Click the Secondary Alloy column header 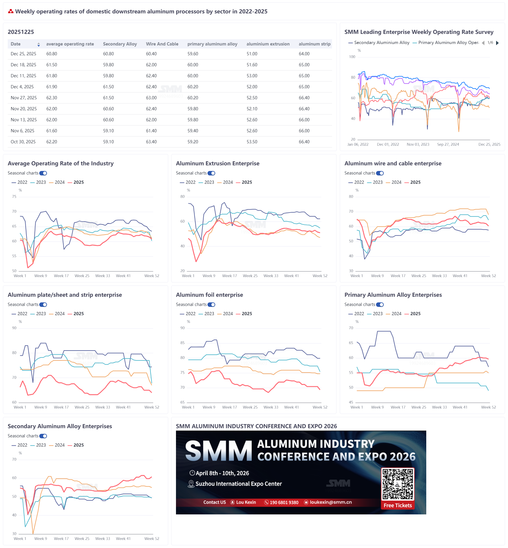[x=120, y=44]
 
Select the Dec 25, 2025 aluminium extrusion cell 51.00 [x=252, y=54]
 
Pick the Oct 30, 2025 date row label [x=23, y=142]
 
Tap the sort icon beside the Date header [x=39, y=45]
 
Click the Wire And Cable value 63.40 [x=151, y=142]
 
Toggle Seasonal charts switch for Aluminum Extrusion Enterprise [x=211, y=173]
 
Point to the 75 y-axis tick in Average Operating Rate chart [x=14, y=197]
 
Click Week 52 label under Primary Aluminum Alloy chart [x=488, y=407]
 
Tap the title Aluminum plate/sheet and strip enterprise [x=65, y=295]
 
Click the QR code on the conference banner [x=397, y=484]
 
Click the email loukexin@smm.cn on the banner [x=331, y=502]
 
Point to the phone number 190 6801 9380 [x=284, y=503]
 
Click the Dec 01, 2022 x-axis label [x=388, y=145]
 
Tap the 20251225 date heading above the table [x=21, y=32]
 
